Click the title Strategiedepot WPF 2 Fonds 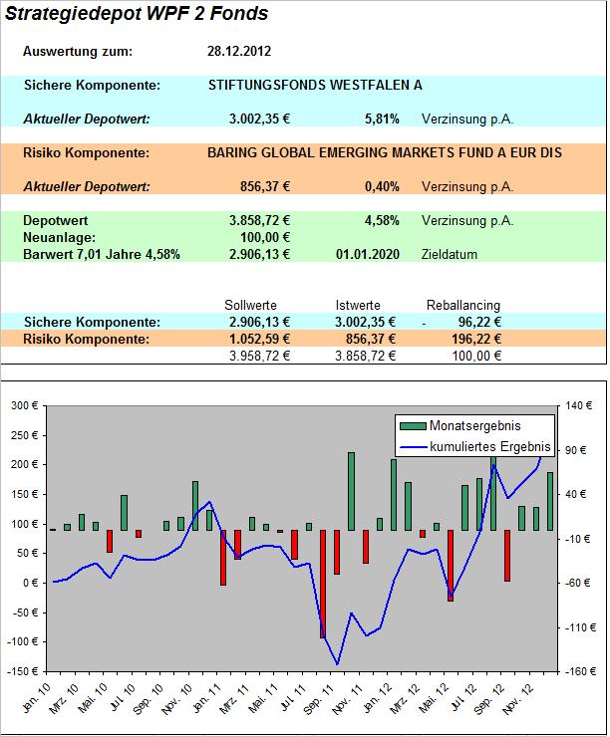point(137,15)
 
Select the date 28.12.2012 point(239,51)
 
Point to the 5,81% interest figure point(382,120)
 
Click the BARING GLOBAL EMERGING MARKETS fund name point(385,153)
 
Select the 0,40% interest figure point(382,186)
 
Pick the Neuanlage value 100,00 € point(264,237)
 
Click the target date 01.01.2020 point(368,254)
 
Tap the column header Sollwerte point(251,305)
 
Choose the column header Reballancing point(463,305)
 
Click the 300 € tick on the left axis point(22,405)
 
